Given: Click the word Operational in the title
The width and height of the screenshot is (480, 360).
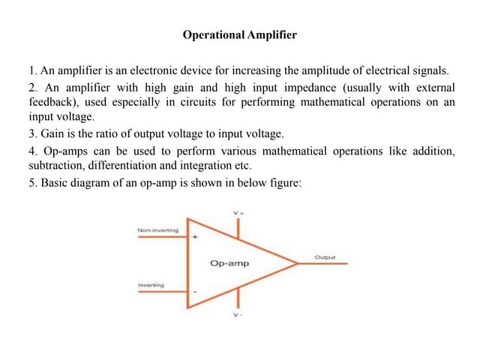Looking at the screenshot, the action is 214,35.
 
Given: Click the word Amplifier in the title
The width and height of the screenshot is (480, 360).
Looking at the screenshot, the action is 272,35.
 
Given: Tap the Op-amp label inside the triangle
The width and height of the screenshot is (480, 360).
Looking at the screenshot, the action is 229,263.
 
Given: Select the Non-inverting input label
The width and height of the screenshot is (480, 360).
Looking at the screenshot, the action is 158,230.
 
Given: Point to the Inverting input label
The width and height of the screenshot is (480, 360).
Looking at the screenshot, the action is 151,285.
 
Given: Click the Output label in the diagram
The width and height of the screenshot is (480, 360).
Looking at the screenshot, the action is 325,257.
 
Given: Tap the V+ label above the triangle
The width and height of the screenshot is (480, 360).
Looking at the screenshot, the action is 238,213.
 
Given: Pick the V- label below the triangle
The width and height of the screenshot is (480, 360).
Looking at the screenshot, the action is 238,315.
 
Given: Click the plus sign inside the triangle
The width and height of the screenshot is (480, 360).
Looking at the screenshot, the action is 195,237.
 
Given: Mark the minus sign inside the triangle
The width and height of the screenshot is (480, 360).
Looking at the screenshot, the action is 195,292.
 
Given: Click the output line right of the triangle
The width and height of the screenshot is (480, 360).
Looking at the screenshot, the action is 322,263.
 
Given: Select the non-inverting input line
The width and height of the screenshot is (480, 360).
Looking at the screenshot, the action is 163,237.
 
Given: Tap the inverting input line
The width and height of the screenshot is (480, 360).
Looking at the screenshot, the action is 163,292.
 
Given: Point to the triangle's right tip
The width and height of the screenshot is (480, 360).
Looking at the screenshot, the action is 298,263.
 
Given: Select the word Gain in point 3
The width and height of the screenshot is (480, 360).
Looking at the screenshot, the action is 52,133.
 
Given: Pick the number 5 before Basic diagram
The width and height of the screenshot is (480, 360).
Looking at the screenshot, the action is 31,183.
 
